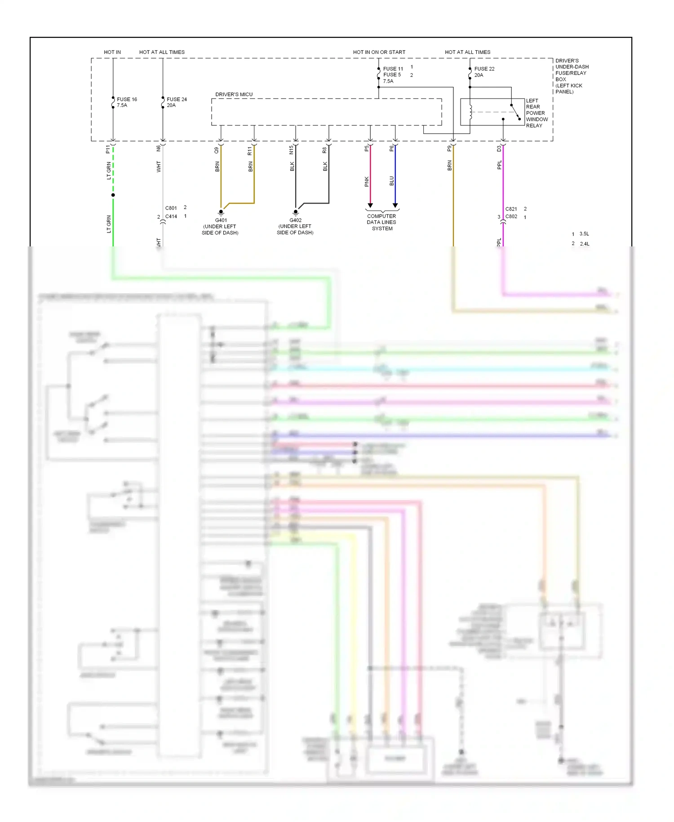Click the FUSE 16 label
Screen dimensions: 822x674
pyautogui.click(x=127, y=99)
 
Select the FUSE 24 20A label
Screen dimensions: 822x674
pyautogui.click(x=177, y=102)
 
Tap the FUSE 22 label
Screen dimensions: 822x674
pyautogui.click(x=484, y=69)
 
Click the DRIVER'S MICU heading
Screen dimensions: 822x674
pyautogui.click(x=234, y=94)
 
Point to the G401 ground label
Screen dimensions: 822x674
pyautogui.click(x=221, y=220)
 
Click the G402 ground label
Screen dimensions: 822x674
pyautogui.click(x=295, y=220)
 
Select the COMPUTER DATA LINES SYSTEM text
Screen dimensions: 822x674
pyautogui.click(x=381, y=222)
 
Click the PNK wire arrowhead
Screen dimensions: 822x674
pyautogui.click(x=370, y=205)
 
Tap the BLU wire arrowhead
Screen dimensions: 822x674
pyautogui.click(x=395, y=205)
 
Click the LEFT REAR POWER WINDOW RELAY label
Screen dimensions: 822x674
pyautogui.click(x=537, y=113)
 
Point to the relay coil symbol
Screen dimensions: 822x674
pyautogui.click(x=470, y=112)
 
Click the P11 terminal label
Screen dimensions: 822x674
pyautogui.click(x=108, y=149)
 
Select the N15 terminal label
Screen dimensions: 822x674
pyautogui.click(x=291, y=149)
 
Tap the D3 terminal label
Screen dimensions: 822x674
pyautogui.click(x=499, y=149)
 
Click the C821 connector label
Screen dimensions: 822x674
pyautogui.click(x=511, y=209)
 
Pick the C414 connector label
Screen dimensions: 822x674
pyautogui.click(x=171, y=216)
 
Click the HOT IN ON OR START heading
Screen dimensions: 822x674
pyautogui.click(x=379, y=52)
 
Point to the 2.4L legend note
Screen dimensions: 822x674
pyautogui.click(x=584, y=244)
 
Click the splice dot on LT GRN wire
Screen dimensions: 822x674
pyautogui.click(x=113, y=195)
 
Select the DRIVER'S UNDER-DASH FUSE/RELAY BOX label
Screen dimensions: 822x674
pyautogui.click(x=571, y=76)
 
